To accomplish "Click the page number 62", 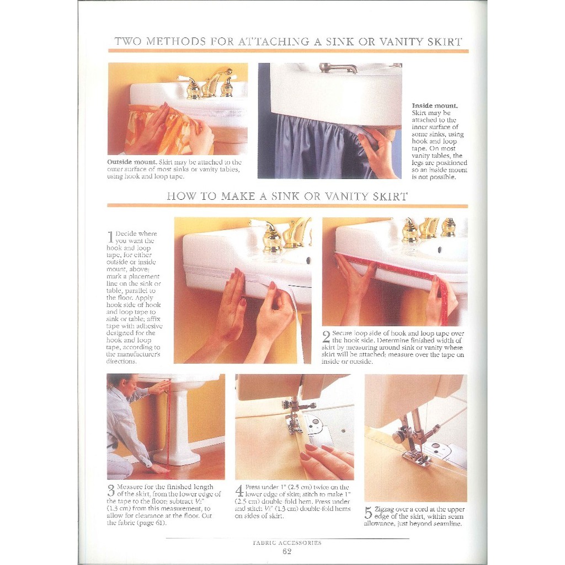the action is click(x=287, y=551).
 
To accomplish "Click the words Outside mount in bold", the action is click(x=132, y=162).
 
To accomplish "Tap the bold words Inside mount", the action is click(x=435, y=106).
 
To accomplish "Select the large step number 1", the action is click(x=110, y=237).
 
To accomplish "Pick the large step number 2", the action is click(x=326, y=337).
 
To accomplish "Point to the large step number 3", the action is click(x=111, y=491).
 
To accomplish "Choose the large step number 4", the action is click(x=239, y=491).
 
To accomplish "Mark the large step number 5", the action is click(x=368, y=513).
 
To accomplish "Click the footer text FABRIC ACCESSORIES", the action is click(x=287, y=543).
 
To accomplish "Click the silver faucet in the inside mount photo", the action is click(x=338, y=67).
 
